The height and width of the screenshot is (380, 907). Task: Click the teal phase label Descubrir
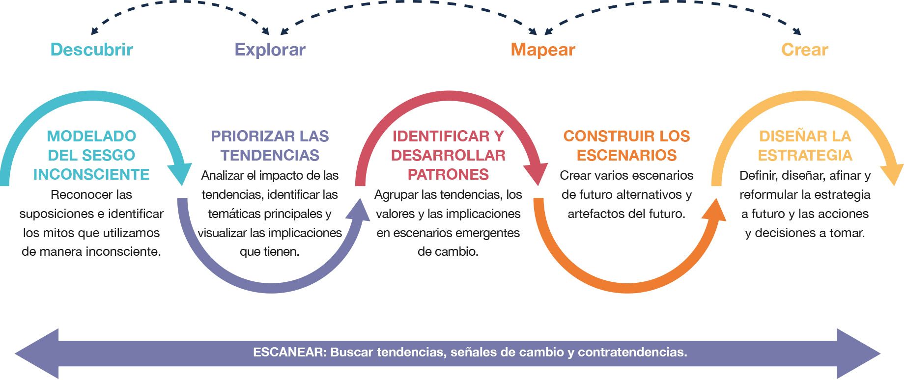pyautogui.click(x=92, y=50)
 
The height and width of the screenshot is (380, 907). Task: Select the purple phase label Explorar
pyautogui.click(x=270, y=50)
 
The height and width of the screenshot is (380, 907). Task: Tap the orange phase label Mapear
pyautogui.click(x=543, y=50)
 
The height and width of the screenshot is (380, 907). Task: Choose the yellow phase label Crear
pyautogui.click(x=805, y=50)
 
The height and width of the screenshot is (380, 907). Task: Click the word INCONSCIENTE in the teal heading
pyautogui.click(x=91, y=174)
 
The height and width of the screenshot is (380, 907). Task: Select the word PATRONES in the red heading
pyautogui.click(x=449, y=174)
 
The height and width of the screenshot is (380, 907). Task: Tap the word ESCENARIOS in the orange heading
pyautogui.click(x=627, y=155)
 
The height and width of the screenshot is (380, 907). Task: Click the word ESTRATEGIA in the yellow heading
pyautogui.click(x=805, y=155)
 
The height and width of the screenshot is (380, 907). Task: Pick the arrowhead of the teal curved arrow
pyautogui.click(x=181, y=173)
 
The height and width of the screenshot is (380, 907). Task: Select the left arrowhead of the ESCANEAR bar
pyautogui.click(x=37, y=353)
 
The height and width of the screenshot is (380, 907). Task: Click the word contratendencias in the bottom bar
pyautogui.click(x=632, y=352)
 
